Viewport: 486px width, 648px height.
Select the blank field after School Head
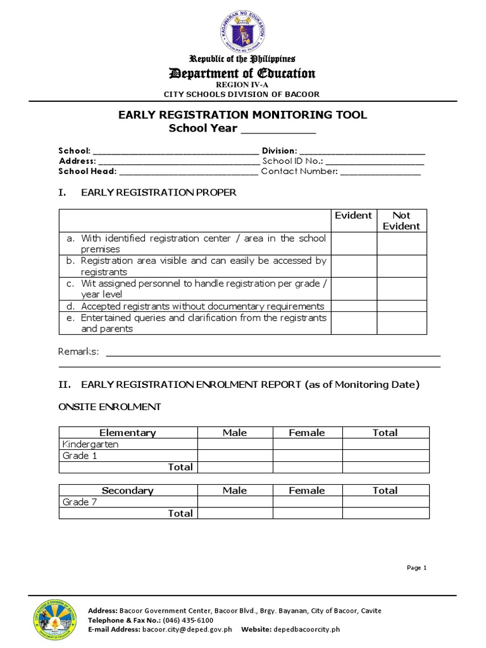[188, 171]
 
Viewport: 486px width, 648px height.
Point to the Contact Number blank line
[380, 171]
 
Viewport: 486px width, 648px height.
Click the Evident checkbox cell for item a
[354, 244]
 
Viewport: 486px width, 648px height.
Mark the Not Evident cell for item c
[402, 289]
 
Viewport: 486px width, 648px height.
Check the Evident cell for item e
[354, 323]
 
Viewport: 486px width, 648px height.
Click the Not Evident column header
[402, 220]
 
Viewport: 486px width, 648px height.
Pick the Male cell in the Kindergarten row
[235, 444]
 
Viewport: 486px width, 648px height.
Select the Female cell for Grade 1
[307, 456]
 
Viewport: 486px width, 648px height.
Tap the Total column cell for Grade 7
[385, 502]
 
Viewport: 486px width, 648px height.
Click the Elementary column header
[128, 433]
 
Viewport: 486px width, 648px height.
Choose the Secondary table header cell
[128, 490]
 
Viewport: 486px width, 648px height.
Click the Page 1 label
[417, 568]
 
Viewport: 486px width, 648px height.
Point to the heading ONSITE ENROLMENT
[109, 407]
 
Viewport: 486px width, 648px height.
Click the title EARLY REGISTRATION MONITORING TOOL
[243, 115]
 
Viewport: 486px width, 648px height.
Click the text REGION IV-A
[242, 85]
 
